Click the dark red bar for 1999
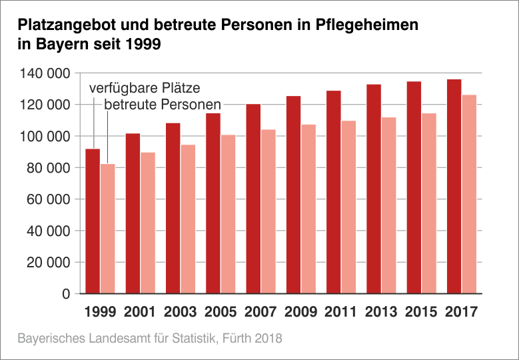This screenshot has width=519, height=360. click(x=93, y=221)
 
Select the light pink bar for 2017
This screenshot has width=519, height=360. click(x=469, y=194)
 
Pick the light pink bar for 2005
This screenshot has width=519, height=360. click(x=229, y=214)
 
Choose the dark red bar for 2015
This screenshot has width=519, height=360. click(x=414, y=187)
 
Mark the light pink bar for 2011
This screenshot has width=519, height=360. click(x=349, y=207)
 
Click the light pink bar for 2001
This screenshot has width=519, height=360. click(x=148, y=223)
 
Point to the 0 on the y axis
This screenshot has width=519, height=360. click(x=65, y=294)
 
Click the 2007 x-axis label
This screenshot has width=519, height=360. click(x=260, y=311)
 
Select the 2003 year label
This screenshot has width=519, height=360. click(x=181, y=311)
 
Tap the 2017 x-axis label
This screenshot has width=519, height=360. click(x=461, y=311)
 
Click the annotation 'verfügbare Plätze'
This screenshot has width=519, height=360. click(x=145, y=89)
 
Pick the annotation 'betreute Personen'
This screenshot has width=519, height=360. click(x=162, y=105)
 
